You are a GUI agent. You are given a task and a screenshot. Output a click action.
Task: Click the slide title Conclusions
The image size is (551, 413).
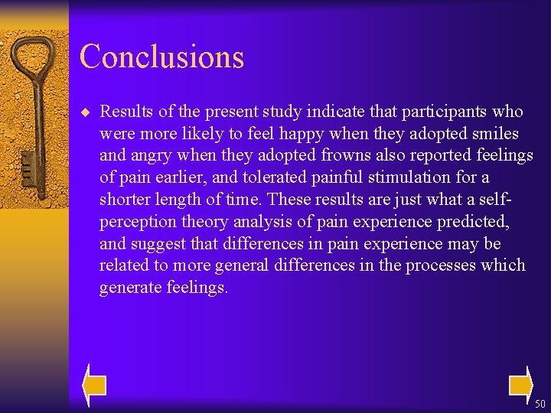click(x=161, y=57)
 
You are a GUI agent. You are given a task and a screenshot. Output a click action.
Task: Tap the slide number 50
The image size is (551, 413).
click(x=540, y=404)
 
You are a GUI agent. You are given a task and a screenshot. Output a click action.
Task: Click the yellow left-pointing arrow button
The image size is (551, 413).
click(x=94, y=385)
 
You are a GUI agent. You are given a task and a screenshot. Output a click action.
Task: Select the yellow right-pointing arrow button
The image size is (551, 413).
click(x=520, y=385)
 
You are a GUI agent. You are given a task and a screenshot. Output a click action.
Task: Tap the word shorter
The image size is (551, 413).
click(x=126, y=199)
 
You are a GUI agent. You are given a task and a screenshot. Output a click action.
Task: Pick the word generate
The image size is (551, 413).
click(x=130, y=288)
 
